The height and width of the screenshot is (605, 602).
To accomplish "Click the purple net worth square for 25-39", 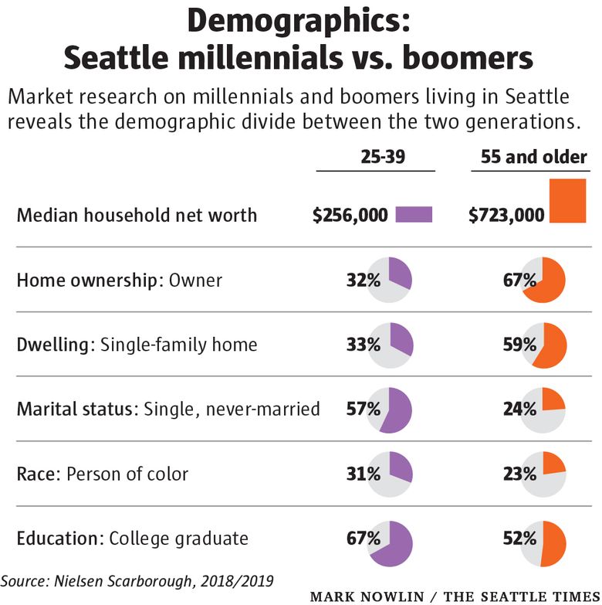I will click(x=414, y=215).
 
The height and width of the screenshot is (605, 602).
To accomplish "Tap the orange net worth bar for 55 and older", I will click(x=568, y=202).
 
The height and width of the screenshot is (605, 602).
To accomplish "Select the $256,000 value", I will click(x=350, y=216).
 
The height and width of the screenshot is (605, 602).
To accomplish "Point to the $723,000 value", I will click(x=506, y=216).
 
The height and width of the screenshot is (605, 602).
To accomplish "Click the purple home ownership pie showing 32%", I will click(x=391, y=280).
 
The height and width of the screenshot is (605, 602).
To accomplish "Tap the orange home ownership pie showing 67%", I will click(x=543, y=280).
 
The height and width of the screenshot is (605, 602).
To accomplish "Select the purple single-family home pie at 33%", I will click(x=391, y=345).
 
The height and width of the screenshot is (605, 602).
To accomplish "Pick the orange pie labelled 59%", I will click(x=543, y=345).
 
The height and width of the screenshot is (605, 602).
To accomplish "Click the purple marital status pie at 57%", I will click(x=391, y=409).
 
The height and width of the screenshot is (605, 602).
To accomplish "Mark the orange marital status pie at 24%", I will click(x=543, y=409).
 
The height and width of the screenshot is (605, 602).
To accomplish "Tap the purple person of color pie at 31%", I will click(x=391, y=474).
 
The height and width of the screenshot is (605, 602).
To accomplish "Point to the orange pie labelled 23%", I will click(x=543, y=474).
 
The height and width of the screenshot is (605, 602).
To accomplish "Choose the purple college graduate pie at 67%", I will click(x=391, y=539).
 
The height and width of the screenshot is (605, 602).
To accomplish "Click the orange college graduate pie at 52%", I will click(x=543, y=539).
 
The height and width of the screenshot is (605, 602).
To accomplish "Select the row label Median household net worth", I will click(x=137, y=215).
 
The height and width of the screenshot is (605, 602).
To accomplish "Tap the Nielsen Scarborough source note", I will click(x=138, y=580).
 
